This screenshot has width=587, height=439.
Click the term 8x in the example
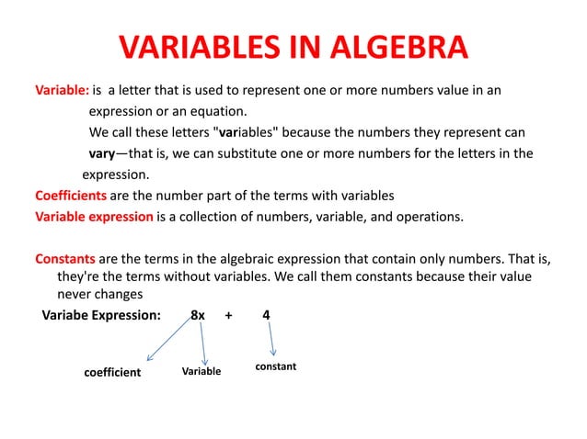197,316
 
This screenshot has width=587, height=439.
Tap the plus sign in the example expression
228,316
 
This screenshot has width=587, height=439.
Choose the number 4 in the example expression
266,316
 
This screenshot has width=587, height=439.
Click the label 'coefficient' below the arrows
112,373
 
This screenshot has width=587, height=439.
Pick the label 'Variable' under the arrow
201,372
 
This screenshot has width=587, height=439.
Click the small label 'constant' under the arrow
276,366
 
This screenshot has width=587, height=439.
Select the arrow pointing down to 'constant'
272,342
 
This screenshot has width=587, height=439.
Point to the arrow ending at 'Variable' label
202,344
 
